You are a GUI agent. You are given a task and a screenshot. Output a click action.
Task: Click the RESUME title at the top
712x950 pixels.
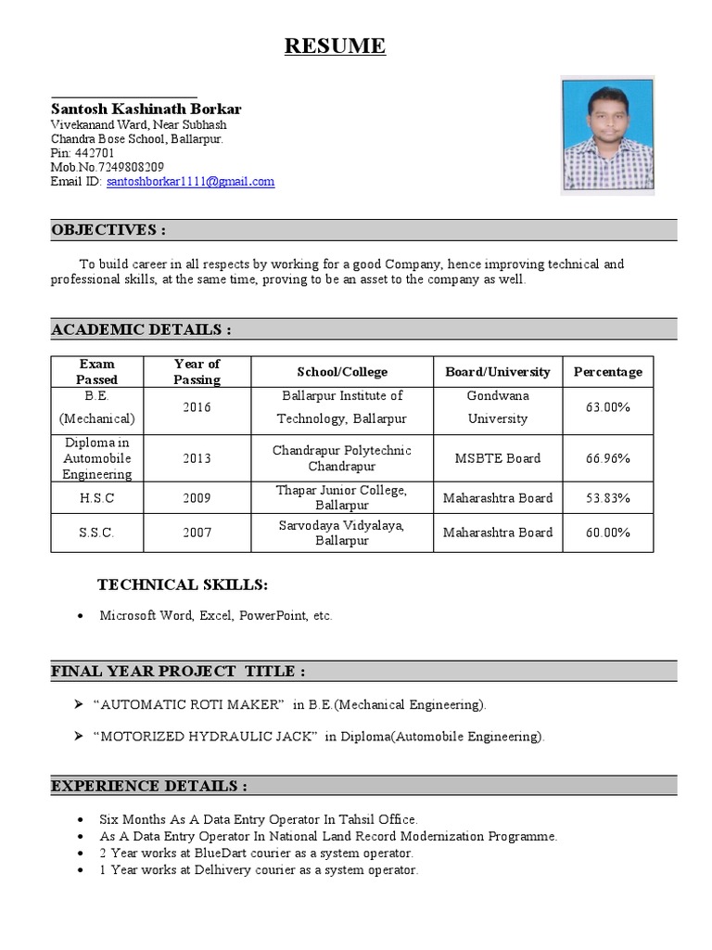[335, 46]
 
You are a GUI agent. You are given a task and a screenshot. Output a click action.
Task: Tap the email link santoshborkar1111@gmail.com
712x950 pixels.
[190, 182]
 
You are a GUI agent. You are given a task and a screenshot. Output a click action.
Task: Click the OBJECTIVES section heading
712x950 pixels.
[108, 230]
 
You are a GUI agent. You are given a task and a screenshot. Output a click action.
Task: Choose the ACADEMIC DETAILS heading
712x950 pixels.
[141, 329]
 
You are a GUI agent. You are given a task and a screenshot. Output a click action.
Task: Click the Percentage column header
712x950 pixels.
[607, 372]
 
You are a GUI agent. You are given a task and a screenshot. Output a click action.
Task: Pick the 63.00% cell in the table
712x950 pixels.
[607, 407]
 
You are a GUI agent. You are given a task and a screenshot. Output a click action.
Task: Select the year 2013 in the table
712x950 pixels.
[197, 458]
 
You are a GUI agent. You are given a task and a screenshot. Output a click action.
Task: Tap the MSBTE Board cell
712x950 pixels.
[498, 458]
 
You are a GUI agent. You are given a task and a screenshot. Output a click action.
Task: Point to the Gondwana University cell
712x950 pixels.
[498, 407]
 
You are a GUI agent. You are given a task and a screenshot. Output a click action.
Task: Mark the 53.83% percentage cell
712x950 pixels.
[607, 498]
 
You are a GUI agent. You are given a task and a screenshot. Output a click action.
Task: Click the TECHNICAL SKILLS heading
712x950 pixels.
[183, 584]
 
